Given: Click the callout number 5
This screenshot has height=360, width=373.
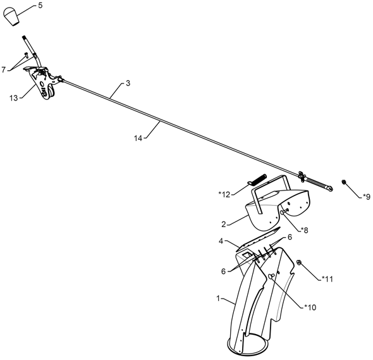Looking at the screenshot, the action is [40, 6].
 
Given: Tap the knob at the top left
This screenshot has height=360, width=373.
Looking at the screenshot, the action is [11, 16].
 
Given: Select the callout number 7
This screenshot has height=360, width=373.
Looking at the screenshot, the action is [4, 70].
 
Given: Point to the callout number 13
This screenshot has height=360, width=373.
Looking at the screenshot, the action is [14, 98].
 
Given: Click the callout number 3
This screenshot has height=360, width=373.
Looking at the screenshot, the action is [128, 84].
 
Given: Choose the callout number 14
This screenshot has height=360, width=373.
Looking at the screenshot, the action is [138, 138].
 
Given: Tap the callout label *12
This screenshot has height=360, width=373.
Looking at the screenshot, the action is [224, 194].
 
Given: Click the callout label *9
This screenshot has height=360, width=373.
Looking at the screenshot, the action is [367, 197].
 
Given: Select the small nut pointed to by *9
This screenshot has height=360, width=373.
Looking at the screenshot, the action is [344, 182].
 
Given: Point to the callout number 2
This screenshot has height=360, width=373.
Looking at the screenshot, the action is [223, 224].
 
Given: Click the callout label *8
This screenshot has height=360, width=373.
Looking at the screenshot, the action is [304, 230].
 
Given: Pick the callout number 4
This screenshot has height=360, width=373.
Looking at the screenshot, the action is [221, 241].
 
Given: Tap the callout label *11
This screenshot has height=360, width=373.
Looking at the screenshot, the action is [327, 279].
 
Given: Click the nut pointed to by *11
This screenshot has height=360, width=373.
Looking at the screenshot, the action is [299, 263].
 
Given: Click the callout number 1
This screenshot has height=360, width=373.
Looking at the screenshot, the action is [218, 298].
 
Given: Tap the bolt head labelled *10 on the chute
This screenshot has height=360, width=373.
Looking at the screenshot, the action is [271, 276].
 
